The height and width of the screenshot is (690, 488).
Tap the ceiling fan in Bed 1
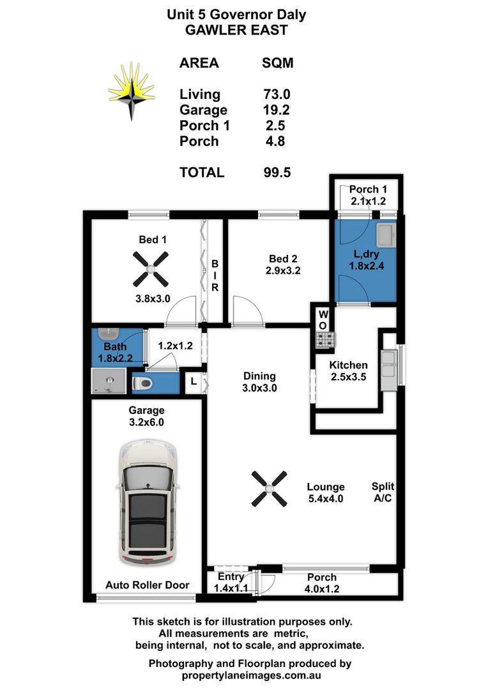(151, 269)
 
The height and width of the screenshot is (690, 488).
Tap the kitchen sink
(388, 369)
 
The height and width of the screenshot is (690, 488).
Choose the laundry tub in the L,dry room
(386, 236)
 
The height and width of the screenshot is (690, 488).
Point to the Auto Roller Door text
(148, 585)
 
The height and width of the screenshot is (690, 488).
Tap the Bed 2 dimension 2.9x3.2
(284, 270)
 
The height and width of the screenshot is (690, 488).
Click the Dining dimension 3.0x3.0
(259, 387)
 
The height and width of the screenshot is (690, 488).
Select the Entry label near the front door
(231, 577)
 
